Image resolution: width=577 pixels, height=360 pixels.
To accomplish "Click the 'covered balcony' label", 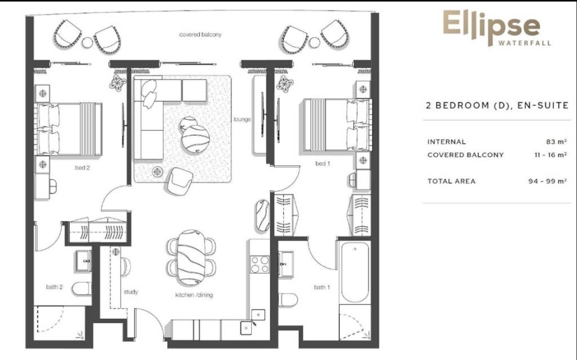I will pos(200,35).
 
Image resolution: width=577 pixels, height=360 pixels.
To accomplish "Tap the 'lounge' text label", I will pos(242,119).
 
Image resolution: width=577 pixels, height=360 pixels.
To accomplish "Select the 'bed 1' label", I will pos(322,164).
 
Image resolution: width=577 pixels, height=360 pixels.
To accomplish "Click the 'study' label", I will pos(131,292).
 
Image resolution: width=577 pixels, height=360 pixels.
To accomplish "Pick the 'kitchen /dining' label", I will pos(194,295).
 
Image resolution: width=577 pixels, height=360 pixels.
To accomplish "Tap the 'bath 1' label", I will pos(321,287).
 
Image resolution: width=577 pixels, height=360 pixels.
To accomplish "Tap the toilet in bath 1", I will pos(289,300).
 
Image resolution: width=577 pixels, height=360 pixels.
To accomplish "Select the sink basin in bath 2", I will pos(83,259).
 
